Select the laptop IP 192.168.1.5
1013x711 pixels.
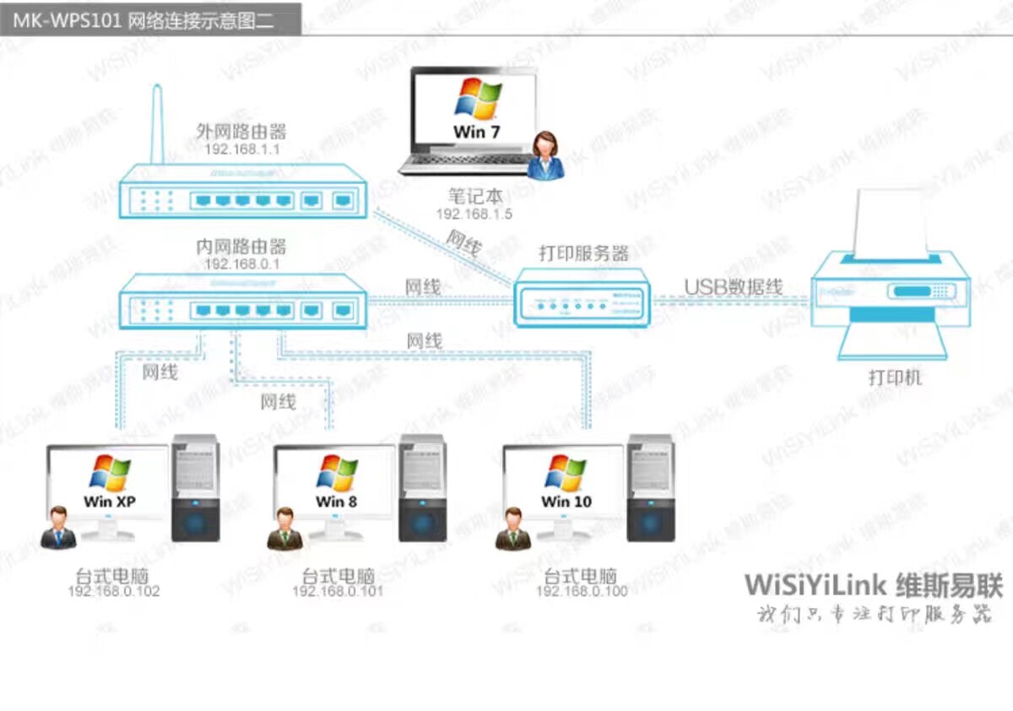[x=474, y=214]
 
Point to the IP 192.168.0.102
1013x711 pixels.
[x=114, y=591]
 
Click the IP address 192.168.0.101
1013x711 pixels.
[x=338, y=591]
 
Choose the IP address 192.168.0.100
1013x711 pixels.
[x=582, y=591]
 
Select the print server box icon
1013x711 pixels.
[x=583, y=297]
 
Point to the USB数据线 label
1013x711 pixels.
[x=733, y=287]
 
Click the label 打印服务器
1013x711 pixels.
[x=584, y=253]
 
